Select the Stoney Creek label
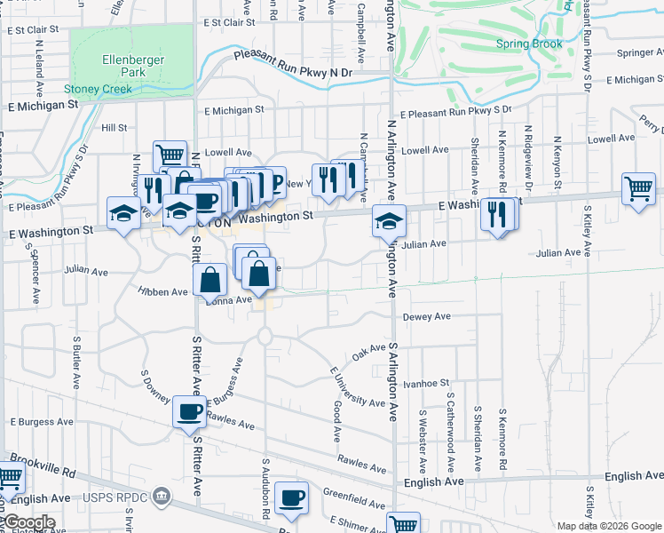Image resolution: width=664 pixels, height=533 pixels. [x=98, y=89]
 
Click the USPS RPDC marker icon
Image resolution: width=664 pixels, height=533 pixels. [x=160, y=494]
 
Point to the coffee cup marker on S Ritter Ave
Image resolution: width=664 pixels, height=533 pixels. [x=190, y=411]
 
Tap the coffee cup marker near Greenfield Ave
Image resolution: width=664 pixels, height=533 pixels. [x=291, y=497]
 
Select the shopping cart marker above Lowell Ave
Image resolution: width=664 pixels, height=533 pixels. [x=169, y=156]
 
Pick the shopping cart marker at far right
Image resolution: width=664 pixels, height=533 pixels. [x=639, y=189]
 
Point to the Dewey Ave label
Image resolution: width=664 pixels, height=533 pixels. [x=427, y=316]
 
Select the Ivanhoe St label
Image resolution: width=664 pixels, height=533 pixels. [x=427, y=383]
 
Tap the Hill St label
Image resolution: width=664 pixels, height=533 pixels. [x=115, y=128]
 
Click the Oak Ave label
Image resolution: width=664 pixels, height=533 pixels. [x=368, y=351]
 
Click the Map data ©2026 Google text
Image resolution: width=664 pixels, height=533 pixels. [x=608, y=526]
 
